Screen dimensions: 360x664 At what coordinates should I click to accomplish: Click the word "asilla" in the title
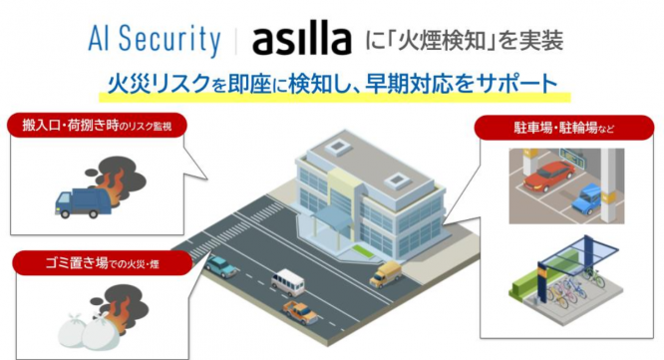pos(301,41)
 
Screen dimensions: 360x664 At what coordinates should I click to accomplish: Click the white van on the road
pos(287,281)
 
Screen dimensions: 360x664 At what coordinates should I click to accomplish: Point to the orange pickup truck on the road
pos(299,310)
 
